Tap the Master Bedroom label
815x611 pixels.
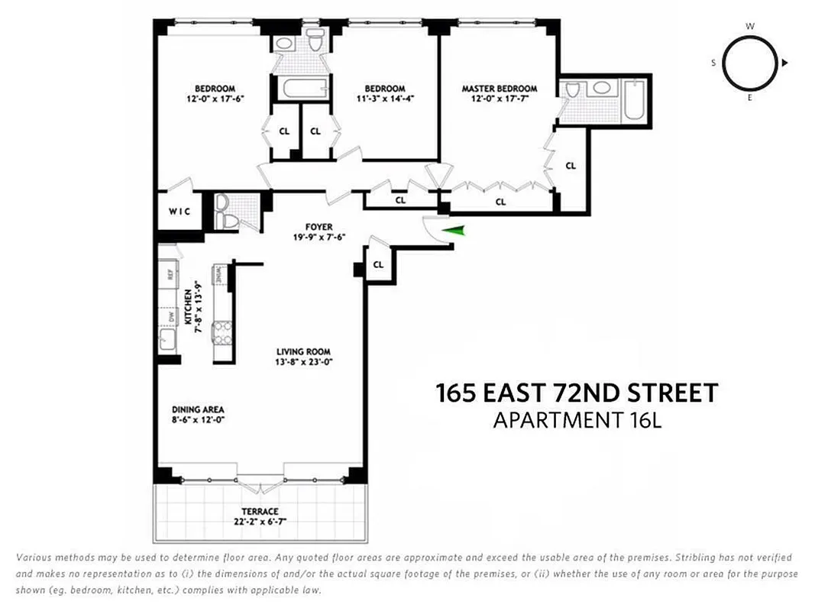pyautogui.click(x=499, y=89)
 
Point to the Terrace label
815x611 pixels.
pyautogui.click(x=257, y=511)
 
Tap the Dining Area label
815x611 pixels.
pyautogui.click(x=197, y=409)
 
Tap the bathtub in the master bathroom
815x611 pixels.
pyautogui.click(x=634, y=101)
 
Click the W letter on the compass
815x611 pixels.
pyautogui.click(x=750, y=27)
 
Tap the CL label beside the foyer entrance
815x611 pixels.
pyautogui.click(x=378, y=265)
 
